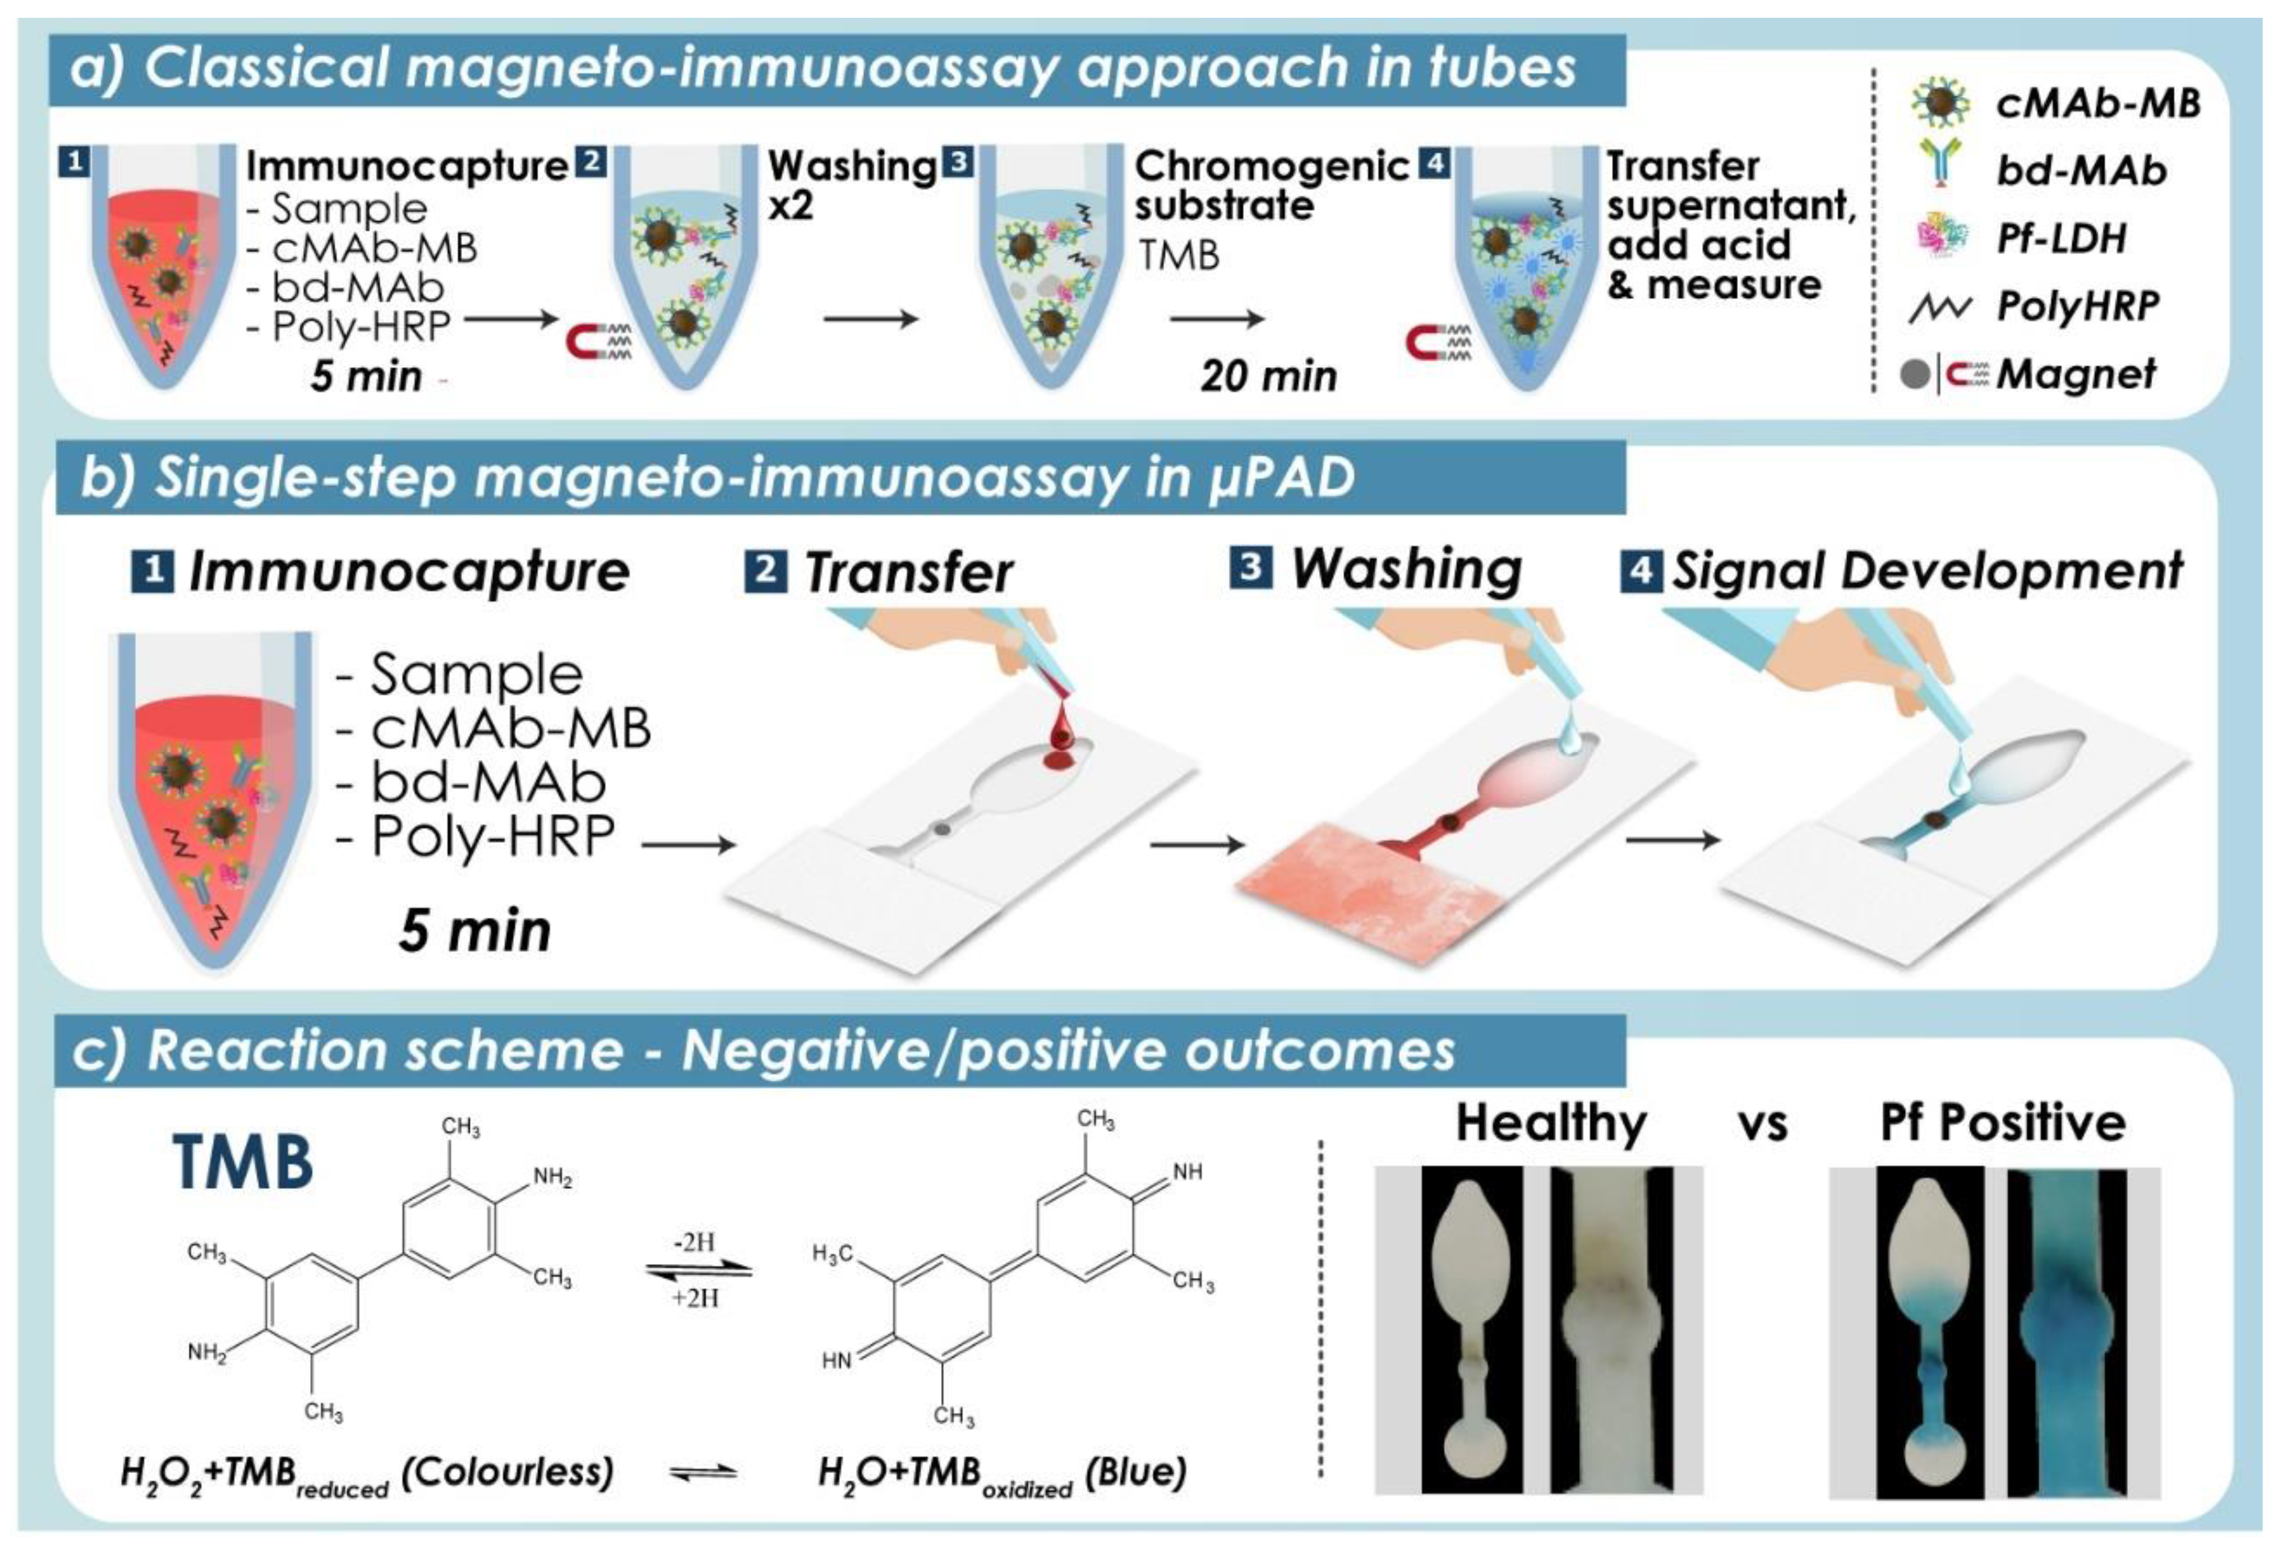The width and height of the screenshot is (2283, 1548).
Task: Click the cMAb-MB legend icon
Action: [1939, 103]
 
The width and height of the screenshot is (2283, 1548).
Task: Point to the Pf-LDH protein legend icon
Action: [1939, 238]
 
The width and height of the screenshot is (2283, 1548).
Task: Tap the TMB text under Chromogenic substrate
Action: [1179, 255]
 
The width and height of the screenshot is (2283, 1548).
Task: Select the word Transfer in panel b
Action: [908, 573]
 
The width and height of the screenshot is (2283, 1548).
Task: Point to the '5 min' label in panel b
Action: [475, 930]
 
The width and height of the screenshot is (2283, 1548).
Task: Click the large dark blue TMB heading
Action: [243, 1162]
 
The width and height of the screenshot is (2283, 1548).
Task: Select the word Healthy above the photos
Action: [1550, 1122]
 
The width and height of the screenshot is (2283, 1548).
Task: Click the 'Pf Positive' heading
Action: [2002, 1122]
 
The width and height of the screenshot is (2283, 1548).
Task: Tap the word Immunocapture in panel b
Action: [409, 573]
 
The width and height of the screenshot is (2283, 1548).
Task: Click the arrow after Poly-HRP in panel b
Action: [688, 844]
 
